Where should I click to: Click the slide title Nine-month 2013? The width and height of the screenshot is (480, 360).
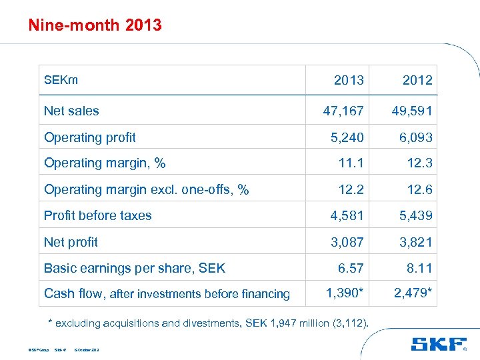[95, 25]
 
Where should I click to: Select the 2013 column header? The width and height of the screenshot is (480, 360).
[349, 80]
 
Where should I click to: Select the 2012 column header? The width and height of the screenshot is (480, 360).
[417, 80]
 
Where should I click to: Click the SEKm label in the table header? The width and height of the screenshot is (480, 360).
[61, 80]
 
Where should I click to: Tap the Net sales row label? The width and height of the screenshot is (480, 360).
[71, 111]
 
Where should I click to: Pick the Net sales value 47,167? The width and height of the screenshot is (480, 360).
[343, 111]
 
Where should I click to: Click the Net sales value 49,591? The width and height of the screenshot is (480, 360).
[412, 111]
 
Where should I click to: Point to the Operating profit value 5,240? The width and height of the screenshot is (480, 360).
[347, 137]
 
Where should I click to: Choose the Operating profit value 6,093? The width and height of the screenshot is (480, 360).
[415, 137]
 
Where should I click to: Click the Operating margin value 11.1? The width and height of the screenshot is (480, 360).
[351, 163]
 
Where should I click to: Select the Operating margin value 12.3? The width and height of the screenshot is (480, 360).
[420, 163]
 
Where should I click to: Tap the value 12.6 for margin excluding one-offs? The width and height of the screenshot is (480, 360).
[420, 189]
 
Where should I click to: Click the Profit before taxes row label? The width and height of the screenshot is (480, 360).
[97, 215]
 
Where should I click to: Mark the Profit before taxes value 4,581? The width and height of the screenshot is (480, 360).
[347, 215]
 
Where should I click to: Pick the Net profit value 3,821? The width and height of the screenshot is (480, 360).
[415, 242]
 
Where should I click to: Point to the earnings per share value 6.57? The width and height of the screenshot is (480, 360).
[351, 268]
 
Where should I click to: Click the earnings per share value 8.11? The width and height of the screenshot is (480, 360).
[420, 268]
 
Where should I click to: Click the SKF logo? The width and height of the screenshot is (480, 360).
[438, 344]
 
